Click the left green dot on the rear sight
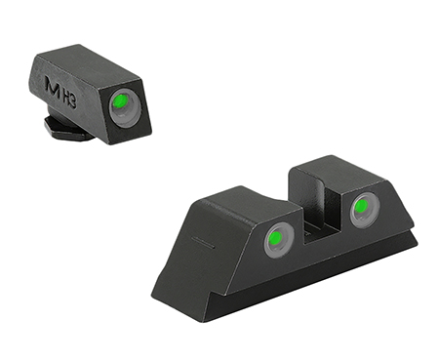[278, 237]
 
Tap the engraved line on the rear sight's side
[202, 239]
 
